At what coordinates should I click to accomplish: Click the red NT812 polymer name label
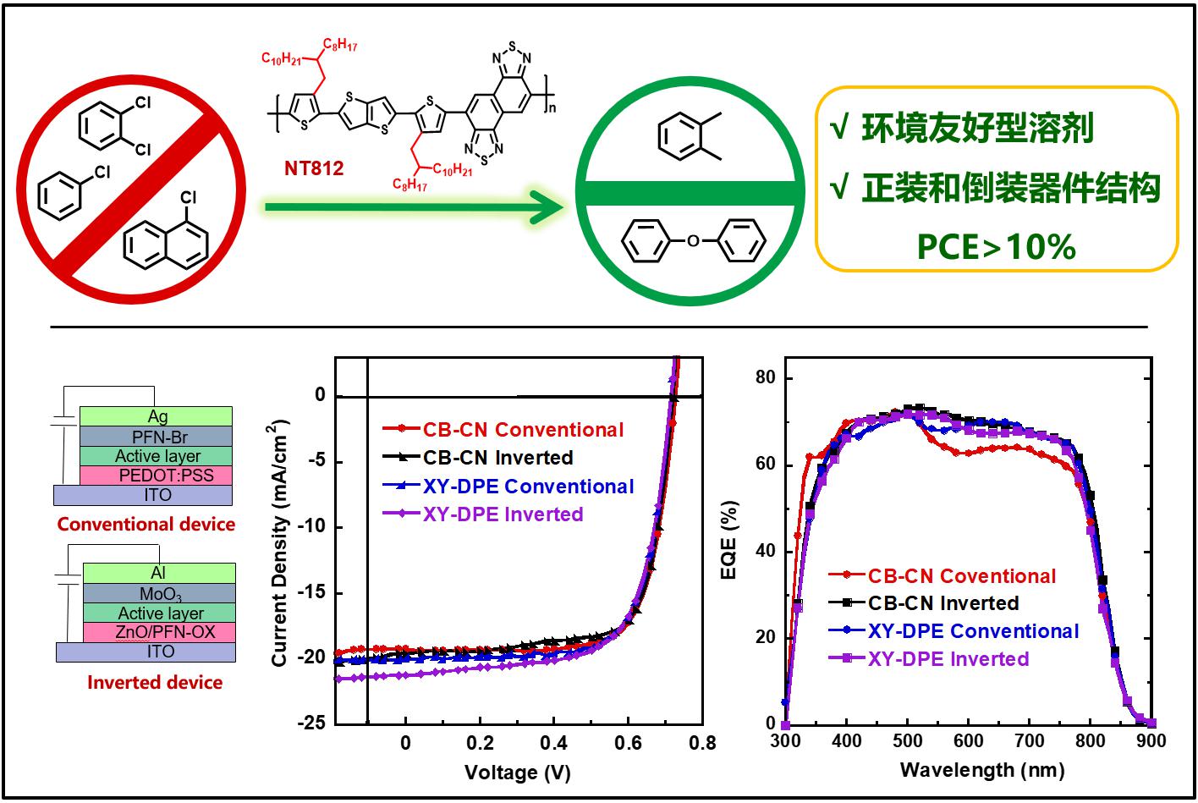pyautogui.click(x=313, y=168)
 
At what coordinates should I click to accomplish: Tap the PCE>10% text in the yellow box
pyautogui.click(x=997, y=246)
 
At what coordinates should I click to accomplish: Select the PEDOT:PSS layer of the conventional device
pyautogui.click(x=156, y=475)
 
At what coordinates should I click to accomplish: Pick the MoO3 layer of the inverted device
pyautogui.click(x=161, y=593)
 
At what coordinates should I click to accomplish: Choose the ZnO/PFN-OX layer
pyautogui.click(x=159, y=632)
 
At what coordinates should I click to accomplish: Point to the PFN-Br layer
pyautogui.click(x=157, y=437)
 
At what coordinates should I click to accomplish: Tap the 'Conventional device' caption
pyautogui.click(x=146, y=524)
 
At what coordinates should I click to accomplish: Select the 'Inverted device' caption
pyautogui.click(x=155, y=682)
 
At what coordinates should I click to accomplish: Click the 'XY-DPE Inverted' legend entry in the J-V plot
pyautogui.click(x=503, y=514)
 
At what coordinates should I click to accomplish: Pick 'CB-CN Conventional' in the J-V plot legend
pyautogui.click(x=523, y=430)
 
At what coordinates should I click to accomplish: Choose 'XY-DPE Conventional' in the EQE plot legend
pyautogui.click(x=973, y=631)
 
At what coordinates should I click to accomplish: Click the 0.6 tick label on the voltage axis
pyautogui.click(x=628, y=743)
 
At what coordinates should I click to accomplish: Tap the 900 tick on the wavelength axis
pyautogui.click(x=1151, y=741)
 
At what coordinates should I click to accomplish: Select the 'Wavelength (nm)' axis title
pyautogui.click(x=982, y=770)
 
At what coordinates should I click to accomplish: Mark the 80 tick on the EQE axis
pyautogui.click(x=765, y=378)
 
